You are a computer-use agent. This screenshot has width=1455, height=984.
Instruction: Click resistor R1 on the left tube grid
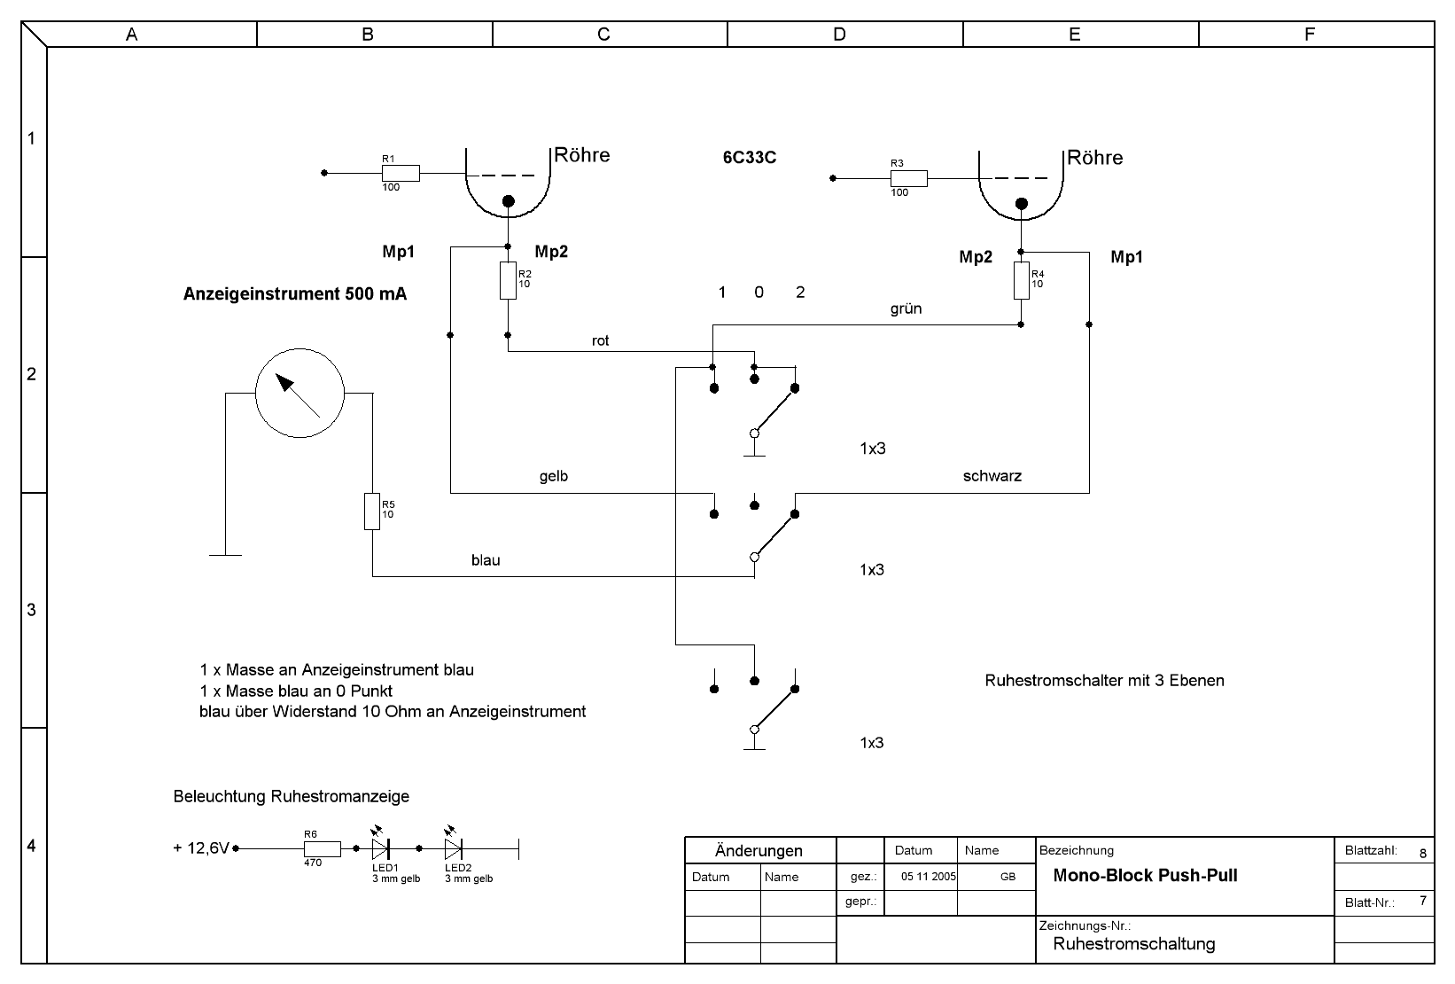coord(401,173)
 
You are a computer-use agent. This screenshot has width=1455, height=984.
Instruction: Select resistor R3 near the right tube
coord(909,178)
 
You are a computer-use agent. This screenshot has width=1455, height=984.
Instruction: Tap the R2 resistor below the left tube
coord(508,280)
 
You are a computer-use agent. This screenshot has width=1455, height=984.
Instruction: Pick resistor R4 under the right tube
coord(1021,280)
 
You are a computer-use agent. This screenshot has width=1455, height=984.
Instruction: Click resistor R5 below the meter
coord(372,512)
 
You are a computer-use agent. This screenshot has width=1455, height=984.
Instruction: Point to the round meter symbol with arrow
coord(300,393)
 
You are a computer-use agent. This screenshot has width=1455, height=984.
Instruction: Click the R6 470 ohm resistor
coord(323,848)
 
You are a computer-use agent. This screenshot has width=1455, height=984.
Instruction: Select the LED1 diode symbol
coord(381,848)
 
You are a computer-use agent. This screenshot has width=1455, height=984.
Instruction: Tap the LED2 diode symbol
coord(454,848)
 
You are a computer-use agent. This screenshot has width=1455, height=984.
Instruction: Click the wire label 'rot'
coord(600,341)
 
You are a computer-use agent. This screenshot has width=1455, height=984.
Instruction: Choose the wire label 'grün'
coord(906,308)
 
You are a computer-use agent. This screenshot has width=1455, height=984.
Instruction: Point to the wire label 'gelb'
coord(554,477)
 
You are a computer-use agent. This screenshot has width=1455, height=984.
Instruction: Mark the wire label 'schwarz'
coord(992,477)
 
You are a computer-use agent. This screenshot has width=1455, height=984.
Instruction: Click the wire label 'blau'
coord(486,560)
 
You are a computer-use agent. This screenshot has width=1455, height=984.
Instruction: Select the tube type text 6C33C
coord(750,159)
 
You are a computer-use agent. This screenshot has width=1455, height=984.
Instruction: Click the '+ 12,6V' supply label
coord(201,847)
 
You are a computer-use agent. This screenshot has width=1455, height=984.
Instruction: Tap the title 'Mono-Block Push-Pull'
coord(1145,876)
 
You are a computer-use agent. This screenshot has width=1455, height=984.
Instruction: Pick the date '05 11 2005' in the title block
coord(929,877)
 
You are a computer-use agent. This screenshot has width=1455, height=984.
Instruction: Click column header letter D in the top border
coord(839,35)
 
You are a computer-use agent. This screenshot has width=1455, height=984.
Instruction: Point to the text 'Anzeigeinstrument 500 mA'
coord(295,294)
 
